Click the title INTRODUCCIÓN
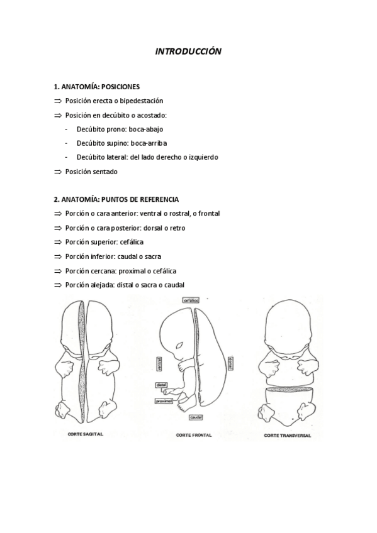coord(188,52)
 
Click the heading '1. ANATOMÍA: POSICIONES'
coord(97,87)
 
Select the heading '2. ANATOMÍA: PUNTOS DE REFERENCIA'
coord(116,199)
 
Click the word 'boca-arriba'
coord(149,143)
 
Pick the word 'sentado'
coord(104,171)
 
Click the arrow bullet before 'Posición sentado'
coord(57,171)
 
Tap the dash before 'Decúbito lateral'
coord(67,157)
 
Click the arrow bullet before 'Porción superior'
coord(57,242)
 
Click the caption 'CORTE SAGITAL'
coord(86,434)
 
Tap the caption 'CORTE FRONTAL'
coord(193,434)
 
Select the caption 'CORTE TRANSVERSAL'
coord(288,434)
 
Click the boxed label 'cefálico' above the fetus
coord(191,301)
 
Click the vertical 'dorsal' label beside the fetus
coord(230,362)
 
